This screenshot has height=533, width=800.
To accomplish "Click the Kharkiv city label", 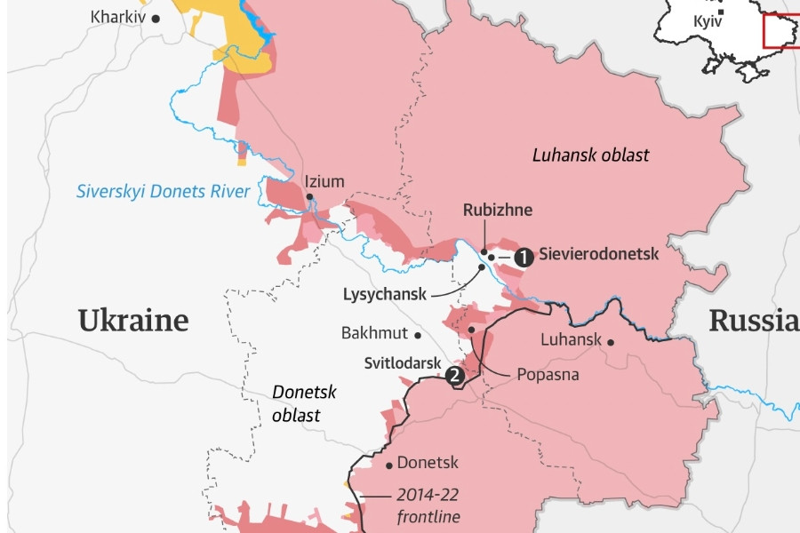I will click(119, 17).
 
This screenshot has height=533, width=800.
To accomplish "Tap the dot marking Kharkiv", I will click(156, 18).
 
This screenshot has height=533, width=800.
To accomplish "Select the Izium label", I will click(324, 181).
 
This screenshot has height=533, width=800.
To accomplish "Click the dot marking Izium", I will click(309, 196).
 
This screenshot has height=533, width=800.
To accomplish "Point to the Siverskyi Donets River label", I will click(163, 191).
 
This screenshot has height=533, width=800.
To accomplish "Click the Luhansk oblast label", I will click(590, 155).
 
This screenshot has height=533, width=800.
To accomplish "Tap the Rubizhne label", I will click(498, 211).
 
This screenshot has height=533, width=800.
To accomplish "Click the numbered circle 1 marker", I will click(524, 257).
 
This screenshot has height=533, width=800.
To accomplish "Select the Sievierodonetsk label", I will click(599, 254).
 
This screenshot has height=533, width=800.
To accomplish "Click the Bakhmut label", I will click(374, 334).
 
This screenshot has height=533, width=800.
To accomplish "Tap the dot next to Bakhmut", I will click(417, 335).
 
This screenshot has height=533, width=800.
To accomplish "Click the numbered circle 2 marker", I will click(455, 376).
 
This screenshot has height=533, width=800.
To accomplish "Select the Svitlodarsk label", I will click(402, 363).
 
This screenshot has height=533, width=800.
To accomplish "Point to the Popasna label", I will click(548, 375).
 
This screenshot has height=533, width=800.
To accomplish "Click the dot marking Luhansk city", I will click(612, 340).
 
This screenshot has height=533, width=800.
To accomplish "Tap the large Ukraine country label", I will click(133, 321).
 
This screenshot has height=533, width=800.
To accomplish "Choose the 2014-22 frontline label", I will click(428, 506).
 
